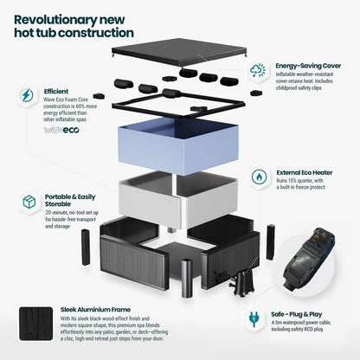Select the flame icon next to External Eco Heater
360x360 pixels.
coord(259,177)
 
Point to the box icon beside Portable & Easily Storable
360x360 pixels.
coord(29,202)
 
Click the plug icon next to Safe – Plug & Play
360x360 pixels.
coord(254,318)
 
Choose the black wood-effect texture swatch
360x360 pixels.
coord(36,324)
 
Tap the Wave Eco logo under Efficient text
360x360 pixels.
coord(61,130)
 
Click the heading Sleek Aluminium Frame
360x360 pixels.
coord(95,310)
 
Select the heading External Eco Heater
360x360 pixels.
coord(305,172)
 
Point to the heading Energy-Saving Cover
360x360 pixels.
coord(308,66)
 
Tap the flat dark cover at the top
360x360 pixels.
coord(179,54)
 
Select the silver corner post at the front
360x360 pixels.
coord(187,278)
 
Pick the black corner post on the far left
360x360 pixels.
coord(86,247)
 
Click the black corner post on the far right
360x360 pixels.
coord(271,242)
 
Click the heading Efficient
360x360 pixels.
coord(56,92)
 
